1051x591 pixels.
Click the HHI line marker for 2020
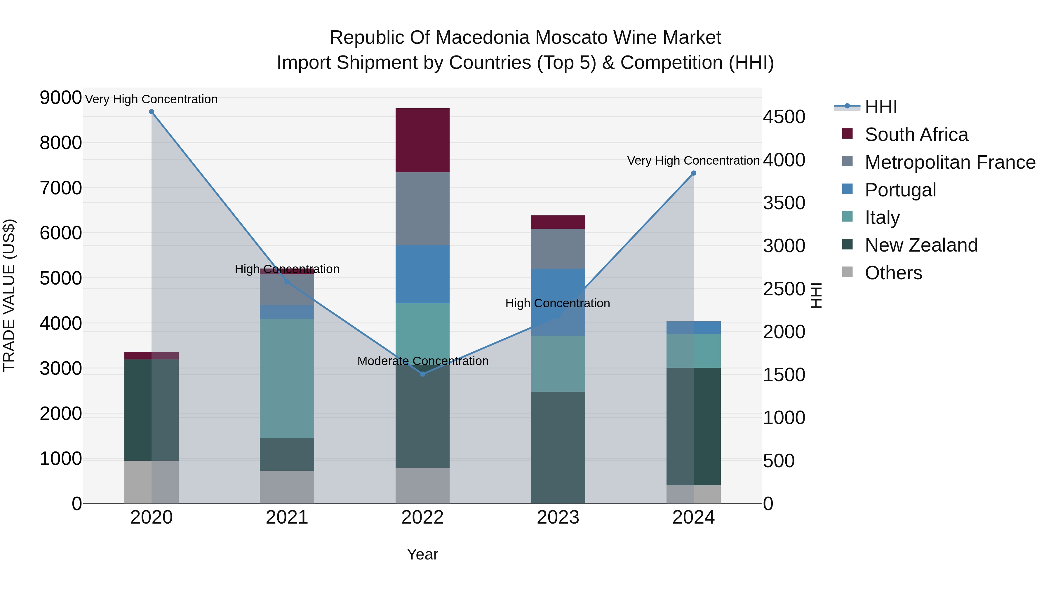(151, 112)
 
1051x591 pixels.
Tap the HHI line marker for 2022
(423, 374)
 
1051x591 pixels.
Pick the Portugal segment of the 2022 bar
(423, 274)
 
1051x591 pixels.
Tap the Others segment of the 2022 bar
(423, 485)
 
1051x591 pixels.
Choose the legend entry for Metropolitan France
(950, 162)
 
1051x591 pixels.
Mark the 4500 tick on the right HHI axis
(784, 117)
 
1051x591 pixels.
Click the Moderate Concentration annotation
(423, 361)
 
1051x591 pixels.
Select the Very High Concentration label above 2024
(693, 161)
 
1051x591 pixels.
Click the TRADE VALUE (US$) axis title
(9, 295)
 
